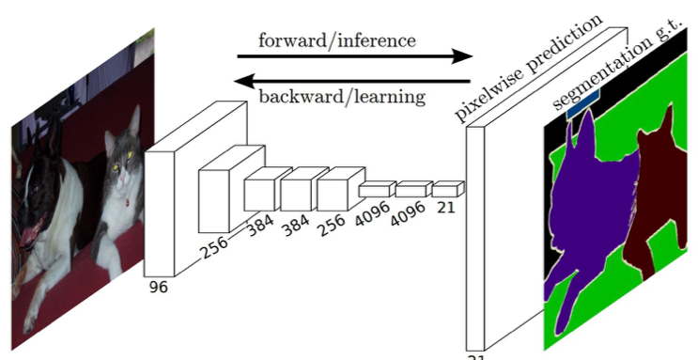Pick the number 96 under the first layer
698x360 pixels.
[159, 287]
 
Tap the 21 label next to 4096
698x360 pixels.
[445, 206]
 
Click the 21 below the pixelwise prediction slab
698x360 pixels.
[477, 356]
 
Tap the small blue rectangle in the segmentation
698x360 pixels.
[582, 104]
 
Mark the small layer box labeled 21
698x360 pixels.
[445, 189]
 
